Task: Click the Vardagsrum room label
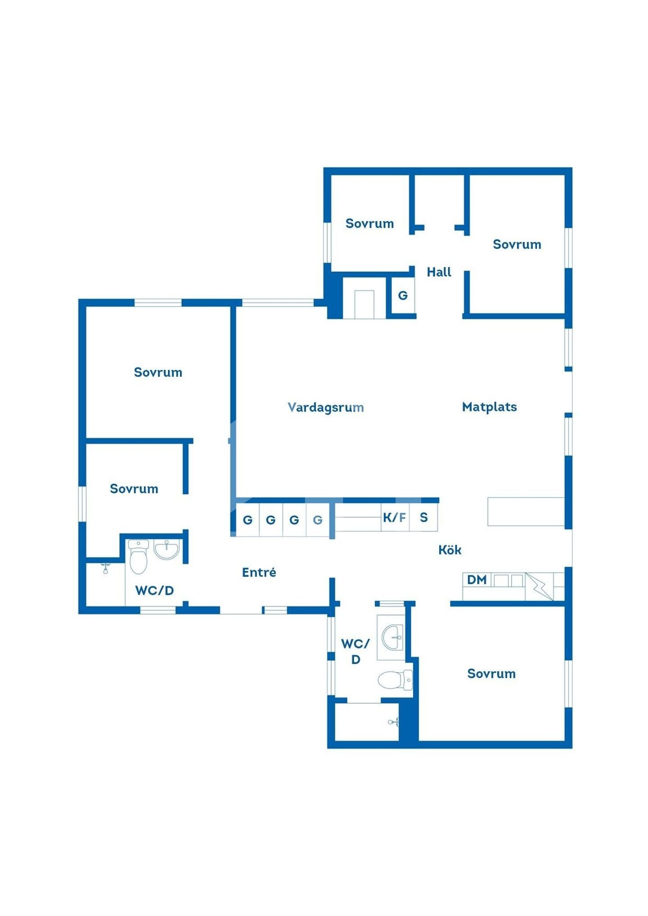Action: click(x=325, y=407)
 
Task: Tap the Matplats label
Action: click(x=489, y=407)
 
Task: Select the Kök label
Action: click(x=450, y=550)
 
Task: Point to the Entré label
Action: click(x=259, y=572)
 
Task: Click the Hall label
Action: click(x=439, y=272)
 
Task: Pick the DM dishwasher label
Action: click(x=477, y=580)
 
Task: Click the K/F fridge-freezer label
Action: click(x=394, y=518)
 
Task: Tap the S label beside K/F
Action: click(x=423, y=518)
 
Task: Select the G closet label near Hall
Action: click(x=403, y=295)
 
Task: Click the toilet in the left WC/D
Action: click(x=138, y=557)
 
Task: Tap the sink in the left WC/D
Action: click(x=166, y=550)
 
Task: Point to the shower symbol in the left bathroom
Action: click(x=105, y=568)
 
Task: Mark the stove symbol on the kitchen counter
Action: click(x=539, y=586)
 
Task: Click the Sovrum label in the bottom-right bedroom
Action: click(x=491, y=674)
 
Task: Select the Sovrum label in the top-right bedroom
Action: click(x=517, y=245)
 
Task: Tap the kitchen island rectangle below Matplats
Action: click(x=526, y=511)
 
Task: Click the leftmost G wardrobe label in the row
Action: click(x=247, y=520)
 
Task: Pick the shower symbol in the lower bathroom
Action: click(x=393, y=722)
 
